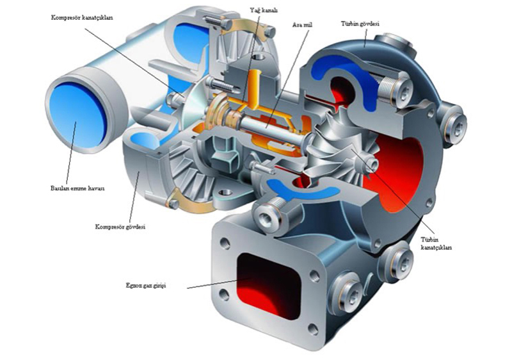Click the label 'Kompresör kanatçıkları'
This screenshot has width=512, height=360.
(x=82, y=18)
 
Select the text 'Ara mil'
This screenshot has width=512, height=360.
(x=302, y=25)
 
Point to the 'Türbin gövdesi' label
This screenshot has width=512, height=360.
(x=360, y=24)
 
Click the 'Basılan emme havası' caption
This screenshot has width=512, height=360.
(x=77, y=188)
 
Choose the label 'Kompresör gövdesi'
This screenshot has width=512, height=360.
(x=120, y=227)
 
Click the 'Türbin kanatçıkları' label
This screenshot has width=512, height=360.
(x=436, y=243)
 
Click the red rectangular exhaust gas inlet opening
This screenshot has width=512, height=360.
(x=268, y=285)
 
